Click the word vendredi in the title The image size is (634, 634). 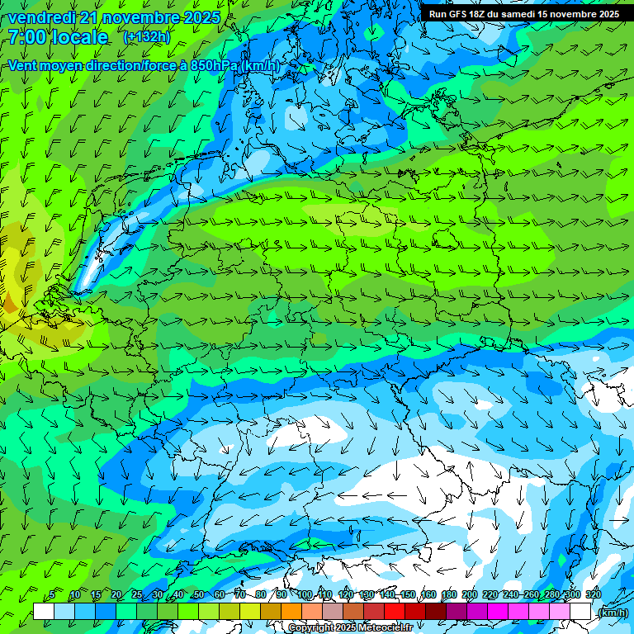click(x=40, y=17)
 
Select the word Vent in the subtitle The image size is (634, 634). click(x=24, y=65)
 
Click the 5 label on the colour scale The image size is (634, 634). click(x=52, y=595)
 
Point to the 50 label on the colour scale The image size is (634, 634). click(x=198, y=595)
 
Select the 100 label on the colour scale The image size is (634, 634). click(x=305, y=595)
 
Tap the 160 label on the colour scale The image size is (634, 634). click(x=428, y=595)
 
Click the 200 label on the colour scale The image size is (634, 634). click(x=470, y=595)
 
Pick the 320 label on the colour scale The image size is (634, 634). click(x=593, y=595)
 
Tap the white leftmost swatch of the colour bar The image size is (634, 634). click(x=44, y=611)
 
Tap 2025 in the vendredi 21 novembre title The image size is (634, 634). click(x=200, y=17)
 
